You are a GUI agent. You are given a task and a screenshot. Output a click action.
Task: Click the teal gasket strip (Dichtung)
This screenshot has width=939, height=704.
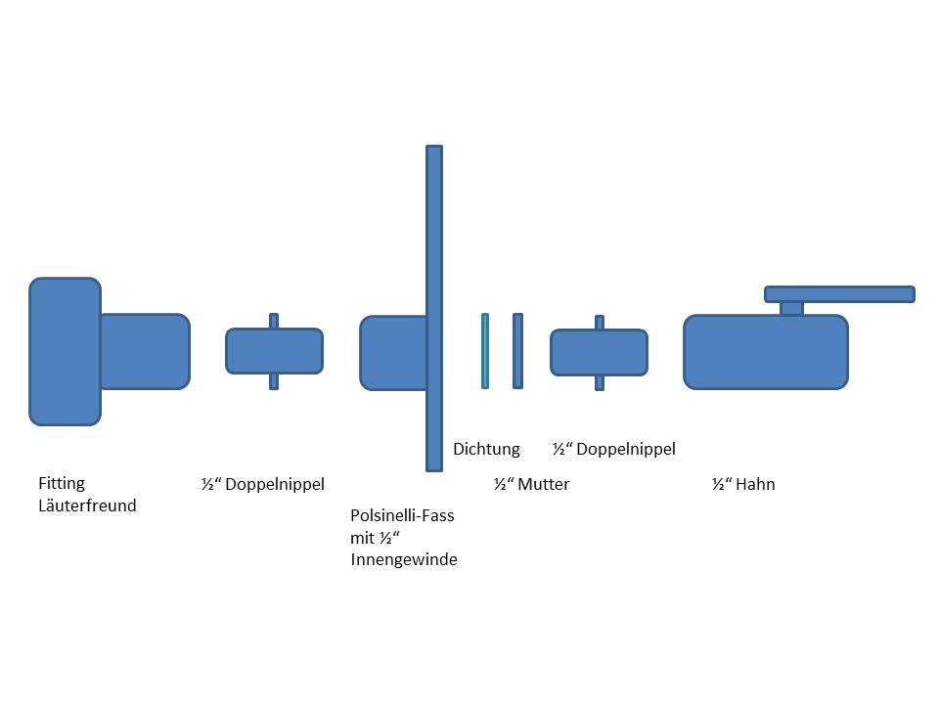click(485, 351)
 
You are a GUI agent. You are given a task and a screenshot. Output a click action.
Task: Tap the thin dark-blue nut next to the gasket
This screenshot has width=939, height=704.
click(517, 351)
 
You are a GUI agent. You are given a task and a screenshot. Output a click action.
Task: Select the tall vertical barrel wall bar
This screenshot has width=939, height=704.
click(434, 244)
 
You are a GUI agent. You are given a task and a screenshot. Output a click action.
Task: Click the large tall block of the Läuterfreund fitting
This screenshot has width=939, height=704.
click(65, 351)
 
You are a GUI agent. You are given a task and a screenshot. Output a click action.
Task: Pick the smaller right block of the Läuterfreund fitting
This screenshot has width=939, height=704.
click(145, 351)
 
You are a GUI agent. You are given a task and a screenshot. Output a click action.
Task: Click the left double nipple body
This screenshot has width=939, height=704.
click(274, 351)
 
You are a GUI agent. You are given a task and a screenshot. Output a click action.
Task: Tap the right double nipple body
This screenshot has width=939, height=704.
click(599, 353)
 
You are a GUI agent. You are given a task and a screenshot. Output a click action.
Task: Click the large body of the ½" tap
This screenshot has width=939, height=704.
click(766, 352)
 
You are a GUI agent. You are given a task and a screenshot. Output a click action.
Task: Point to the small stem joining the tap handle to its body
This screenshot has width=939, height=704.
click(791, 308)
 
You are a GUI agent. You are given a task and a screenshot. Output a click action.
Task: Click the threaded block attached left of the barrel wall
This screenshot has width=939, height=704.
click(393, 353)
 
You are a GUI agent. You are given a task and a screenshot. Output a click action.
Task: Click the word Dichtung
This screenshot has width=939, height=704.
click(486, 449)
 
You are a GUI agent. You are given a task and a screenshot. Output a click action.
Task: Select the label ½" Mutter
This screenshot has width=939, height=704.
click(531, 484)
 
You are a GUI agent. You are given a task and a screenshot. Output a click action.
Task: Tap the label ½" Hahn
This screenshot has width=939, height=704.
click(743, 484)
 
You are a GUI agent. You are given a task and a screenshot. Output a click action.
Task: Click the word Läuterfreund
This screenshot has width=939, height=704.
click(87, 506)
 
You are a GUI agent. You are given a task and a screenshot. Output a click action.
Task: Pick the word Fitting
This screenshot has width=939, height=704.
click(62, 483)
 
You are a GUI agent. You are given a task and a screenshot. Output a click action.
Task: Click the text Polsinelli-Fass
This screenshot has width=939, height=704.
click(402, 515)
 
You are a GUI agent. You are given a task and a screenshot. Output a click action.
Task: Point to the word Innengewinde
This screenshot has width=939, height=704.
click(403, 559)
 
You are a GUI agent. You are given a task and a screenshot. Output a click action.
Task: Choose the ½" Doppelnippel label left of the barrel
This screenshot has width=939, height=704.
click(262, 484)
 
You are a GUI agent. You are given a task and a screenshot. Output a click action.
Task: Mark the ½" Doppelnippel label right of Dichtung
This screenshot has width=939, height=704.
click(613, 449)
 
